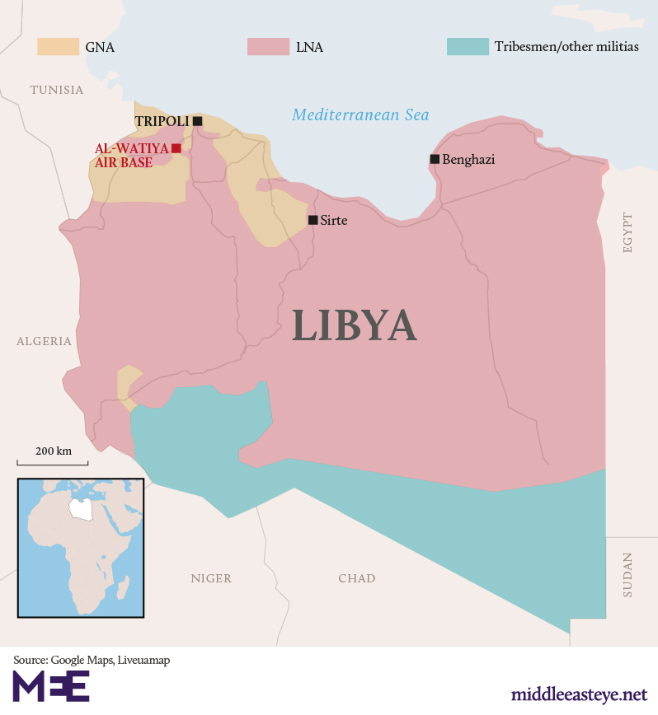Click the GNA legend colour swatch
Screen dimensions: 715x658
pyautogui.click(x=57, y=47)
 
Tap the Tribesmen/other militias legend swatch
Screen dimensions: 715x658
pyautogui.click(x=467, y=47)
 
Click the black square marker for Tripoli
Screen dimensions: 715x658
pyautogui.click(x=197, y=121)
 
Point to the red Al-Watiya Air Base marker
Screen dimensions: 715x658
pyautogui.click(x=176, y=148)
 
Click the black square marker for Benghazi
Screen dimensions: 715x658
pyautogui.click(x=435, y=159)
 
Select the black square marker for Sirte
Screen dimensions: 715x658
pyautogui.click(x=313, y=220)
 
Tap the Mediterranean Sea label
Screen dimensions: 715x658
pyautogui.click(x=360, y=115)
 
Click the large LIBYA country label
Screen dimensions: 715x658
pyautogui.click(x=354, y=325)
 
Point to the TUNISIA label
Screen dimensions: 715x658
pyautogui.click(x=57, y=90)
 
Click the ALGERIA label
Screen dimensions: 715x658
pyautogui.click(x=44, y=341)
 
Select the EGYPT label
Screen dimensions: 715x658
pyautogui.click(x=628, y=232)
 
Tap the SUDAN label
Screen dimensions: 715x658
pyautogui.click(x=628, y=574)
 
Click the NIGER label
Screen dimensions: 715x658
pyautogui.click(x=211, y=578)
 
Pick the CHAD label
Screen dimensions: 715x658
pyautogui.click(x=356, y=578)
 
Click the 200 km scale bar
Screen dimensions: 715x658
pyautogui.click(x=53, y=463)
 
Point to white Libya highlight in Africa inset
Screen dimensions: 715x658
pyautogui.click(x=80, y=507)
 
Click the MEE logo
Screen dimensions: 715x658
pyautogui.click(x=51, y=686)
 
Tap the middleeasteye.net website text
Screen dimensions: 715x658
pyautogui.click(x=579, y=694)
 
